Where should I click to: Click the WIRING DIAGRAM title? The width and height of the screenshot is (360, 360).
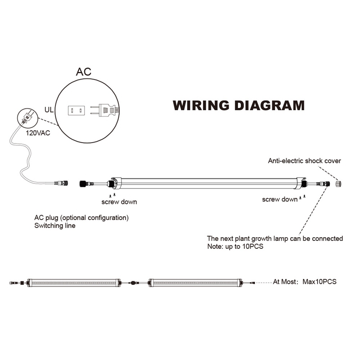pyautogui.click(x=238, y=106)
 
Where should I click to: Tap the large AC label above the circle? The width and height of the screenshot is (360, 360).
pyautogui.click(x=84, y=72)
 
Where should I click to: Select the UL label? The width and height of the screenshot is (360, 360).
pyautogui.click(x=49, y=110)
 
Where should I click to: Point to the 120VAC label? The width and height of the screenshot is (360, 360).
pyautogui.click(x=38, y=133)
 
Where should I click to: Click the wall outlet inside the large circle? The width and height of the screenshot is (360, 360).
pyautogui.click(x=76, y=110)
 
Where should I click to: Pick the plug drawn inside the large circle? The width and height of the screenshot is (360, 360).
pyautogui.click(x=104, y=110)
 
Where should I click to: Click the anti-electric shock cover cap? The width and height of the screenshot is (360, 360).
pyautogui.click(x=338, y=184)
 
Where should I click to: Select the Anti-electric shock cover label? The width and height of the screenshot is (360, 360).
pyautogui.click(x=305, y=161)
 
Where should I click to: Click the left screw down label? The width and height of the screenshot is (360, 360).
pyautogui.click(x=119, y=202)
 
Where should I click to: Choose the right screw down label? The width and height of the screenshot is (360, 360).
pyautogui.click(x=280, y=199)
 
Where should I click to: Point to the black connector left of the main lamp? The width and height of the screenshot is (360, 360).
pyautogui.click(x=84, y=184)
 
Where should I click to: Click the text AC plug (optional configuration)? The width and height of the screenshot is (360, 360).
pyautogui.click(x=81, y=218)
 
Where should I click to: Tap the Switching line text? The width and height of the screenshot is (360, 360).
pyautogui.click(x=55, y=226)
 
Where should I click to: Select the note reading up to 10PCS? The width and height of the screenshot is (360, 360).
pyautogui.click(x=235, y=247)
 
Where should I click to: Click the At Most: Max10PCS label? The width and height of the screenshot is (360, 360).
pyautogui.click(x=305, y=282)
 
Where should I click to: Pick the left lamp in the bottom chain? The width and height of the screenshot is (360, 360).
pyautogui.click(x=74, y=283)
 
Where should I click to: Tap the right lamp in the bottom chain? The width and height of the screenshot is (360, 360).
pyautogui.click(x=195, y=283)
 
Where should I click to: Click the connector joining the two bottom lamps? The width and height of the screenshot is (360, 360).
pyautogui.click(x=133, y=283)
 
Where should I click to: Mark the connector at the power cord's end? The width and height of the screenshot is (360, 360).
pyautogui.click(x=61, y=183)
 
